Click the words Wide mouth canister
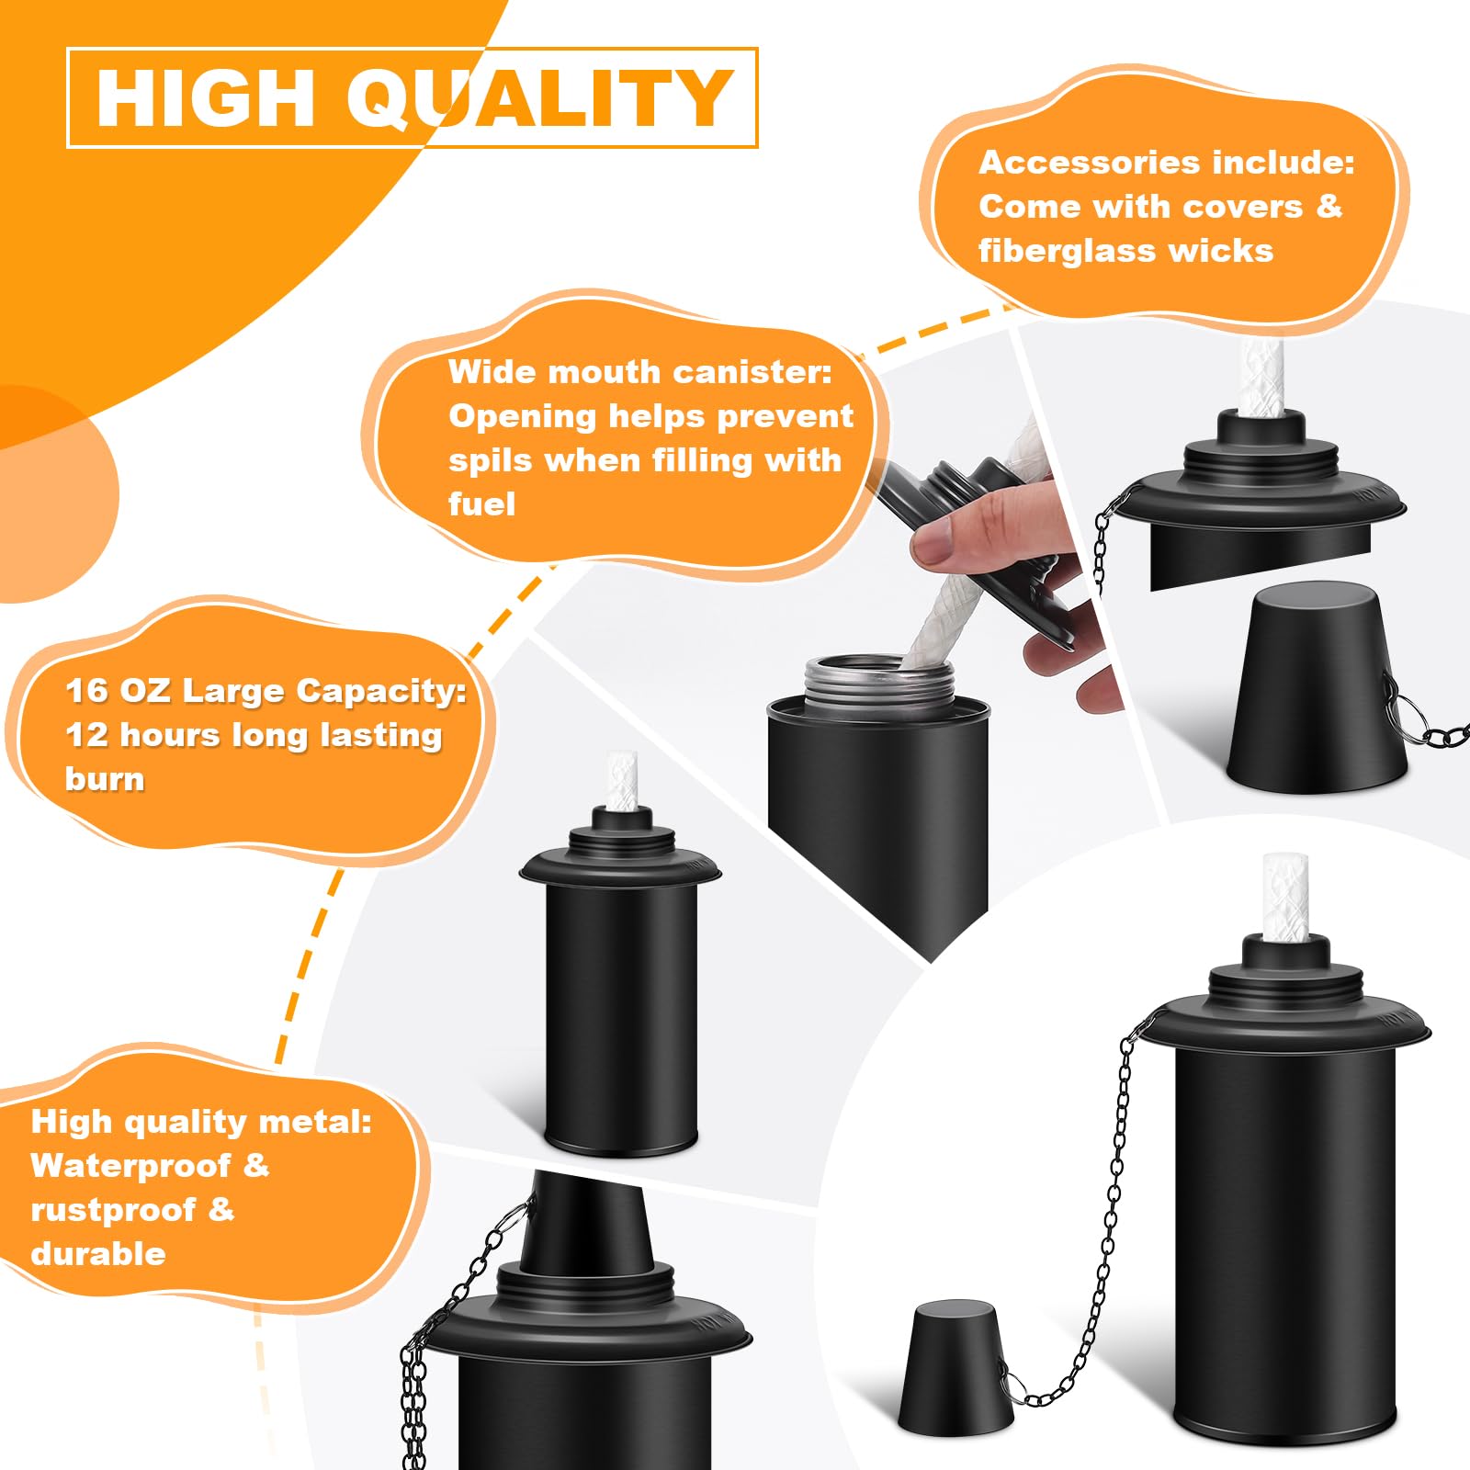click(639, 372)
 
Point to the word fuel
click(481, 504)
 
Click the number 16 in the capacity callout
click(85, 691)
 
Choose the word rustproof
click(113, 1210)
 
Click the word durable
click(98, 1254)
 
